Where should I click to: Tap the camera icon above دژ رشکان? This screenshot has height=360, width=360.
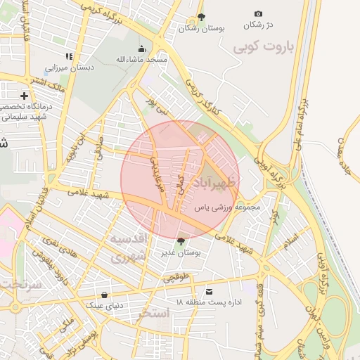[x=258, y=14]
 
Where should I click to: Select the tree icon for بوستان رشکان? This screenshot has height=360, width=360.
[x=202, y=17]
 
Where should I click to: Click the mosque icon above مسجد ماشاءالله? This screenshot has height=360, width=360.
[x=142, y=49]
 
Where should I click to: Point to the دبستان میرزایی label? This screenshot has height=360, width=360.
[x=70, y=68]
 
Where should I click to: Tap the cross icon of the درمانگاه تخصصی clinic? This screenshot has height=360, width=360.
[x=25, y=95]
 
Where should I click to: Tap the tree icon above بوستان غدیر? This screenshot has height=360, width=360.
[x=182, y=241]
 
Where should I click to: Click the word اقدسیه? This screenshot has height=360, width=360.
[x=128, y=238]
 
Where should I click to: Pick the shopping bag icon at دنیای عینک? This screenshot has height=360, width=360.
[x=105, y=295]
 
